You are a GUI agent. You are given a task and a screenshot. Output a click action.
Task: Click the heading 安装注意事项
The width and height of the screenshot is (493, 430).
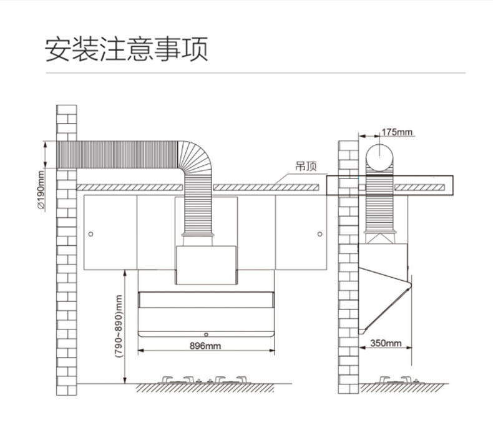point(126,49)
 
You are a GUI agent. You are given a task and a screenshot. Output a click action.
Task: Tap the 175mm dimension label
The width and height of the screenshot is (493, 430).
point(397,132)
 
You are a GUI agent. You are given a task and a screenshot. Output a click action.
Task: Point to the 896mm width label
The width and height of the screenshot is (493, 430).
point(205,346)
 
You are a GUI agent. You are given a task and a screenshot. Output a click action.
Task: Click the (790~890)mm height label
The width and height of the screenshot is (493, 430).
point(119,326)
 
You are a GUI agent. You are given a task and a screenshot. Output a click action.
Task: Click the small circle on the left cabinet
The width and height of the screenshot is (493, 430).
point(91,234)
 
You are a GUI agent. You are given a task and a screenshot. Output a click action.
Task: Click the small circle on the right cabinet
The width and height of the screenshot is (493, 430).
point(320,234)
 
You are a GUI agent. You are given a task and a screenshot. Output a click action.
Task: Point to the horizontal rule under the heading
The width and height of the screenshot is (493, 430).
point(255,73)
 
